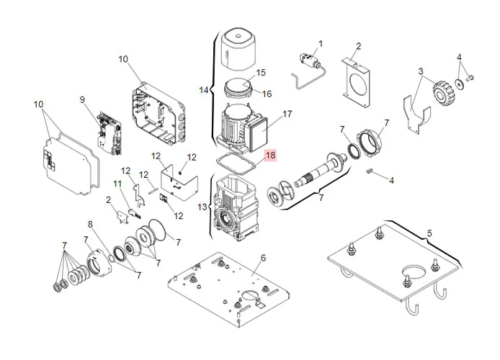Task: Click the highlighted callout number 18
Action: (270, 155)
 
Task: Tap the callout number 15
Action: (261, 73)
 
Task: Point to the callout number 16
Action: (267, 94)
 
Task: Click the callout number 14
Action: (204, 90)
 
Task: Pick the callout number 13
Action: (202, 207)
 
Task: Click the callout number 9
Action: (82, 99)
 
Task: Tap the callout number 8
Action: (91, 224)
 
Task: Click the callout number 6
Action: (263, 257)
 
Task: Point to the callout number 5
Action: (429, 233)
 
